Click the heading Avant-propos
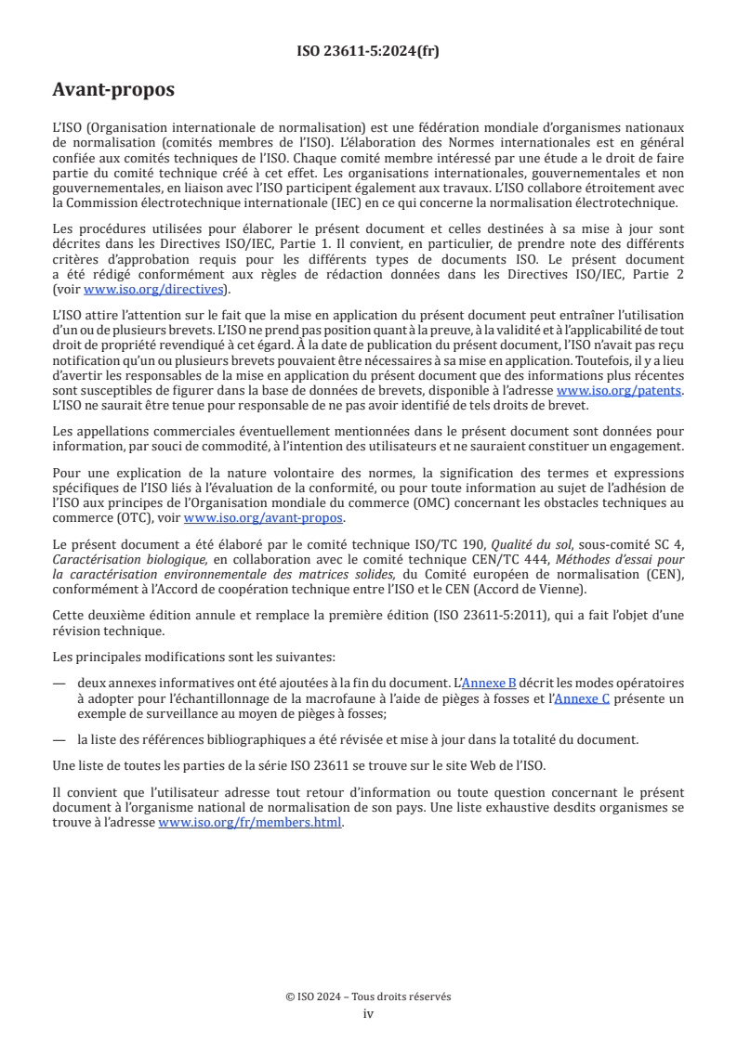click(x=113, y=91)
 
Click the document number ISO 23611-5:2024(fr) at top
click(x=368, y=51)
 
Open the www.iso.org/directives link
click(x=155, y=289)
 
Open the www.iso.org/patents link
click(x=619, y=391)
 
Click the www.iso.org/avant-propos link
click(x=264, y=517)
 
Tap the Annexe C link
click(x=582, y=698)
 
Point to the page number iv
click(x=368, y=1013)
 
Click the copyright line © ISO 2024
click(x=368, y=996)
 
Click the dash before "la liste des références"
click(x=59, y=739)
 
